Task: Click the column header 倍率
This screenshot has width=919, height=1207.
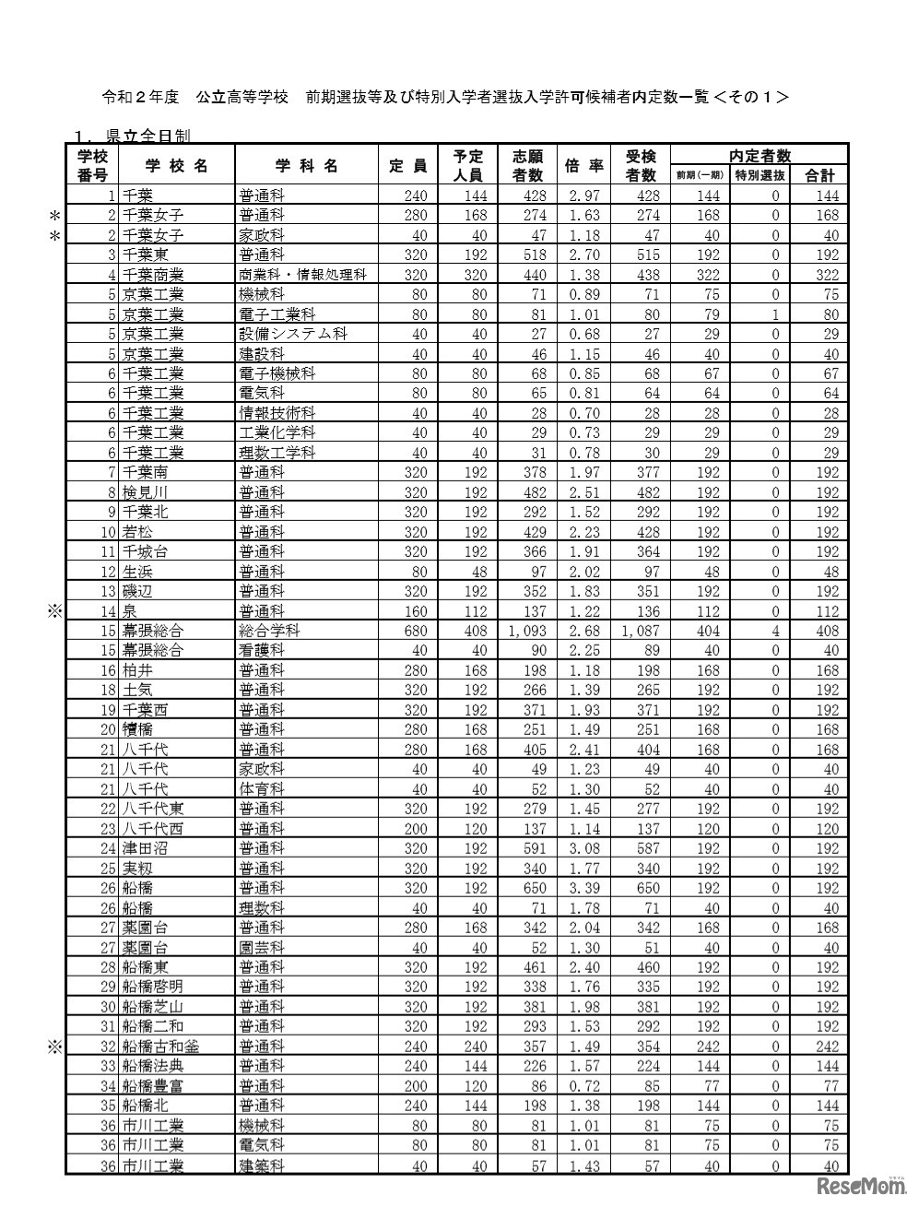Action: click(x=583, y=166)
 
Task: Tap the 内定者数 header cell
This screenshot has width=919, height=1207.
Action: click(x=760, y=156)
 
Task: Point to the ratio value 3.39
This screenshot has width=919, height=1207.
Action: click(x=584, y=888)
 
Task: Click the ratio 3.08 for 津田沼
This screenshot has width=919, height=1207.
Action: click(x=584, y=848)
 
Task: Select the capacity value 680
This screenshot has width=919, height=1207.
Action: click(x=413, y=631)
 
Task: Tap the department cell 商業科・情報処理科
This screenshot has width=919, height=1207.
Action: click(x=303, y=275)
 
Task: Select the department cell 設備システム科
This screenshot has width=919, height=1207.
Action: click(x=292, y=334)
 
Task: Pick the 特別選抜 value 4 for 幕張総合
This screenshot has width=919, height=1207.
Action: click(x=775, y=631)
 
